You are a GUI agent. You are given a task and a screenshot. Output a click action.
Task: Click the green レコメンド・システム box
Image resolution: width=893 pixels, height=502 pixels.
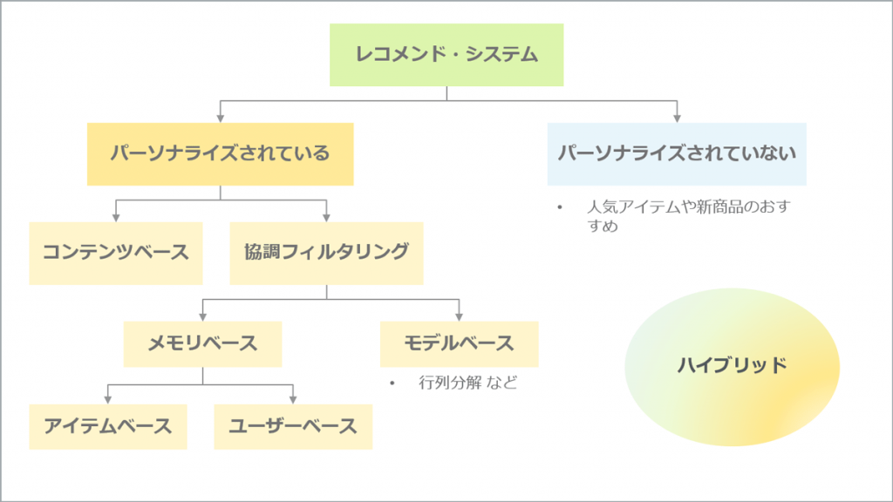click(446, 55)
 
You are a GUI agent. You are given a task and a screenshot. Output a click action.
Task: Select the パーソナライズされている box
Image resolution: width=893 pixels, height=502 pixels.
click(221, 153)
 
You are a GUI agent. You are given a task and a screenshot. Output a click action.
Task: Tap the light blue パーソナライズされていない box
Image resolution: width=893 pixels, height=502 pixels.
click(677, 153)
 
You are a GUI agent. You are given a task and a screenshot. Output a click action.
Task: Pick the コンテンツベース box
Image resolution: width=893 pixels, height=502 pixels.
click(116, 254)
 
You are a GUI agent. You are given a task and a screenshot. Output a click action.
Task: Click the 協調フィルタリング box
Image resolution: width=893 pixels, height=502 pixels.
click(326, 254)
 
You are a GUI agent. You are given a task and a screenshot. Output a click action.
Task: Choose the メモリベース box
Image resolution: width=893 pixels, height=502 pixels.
click(202, 343)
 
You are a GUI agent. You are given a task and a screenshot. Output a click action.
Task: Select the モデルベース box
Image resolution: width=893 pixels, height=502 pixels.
click(459, 343)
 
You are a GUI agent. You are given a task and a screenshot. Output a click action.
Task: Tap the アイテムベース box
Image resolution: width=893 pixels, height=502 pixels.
click(108, 427)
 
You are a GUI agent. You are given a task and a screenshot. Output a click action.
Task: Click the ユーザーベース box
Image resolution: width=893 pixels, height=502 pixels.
click(293, 427)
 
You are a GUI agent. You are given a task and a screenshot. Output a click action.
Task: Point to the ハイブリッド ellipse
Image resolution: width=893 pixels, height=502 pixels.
click(732, 367)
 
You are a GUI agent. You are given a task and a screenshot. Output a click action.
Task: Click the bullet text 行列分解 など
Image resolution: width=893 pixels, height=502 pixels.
click(468, 383)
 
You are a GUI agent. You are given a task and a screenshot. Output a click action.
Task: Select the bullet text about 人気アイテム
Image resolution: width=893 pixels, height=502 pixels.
click(689, 216)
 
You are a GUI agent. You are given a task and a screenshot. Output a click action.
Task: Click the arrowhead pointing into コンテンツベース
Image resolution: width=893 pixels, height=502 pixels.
click(116, 218)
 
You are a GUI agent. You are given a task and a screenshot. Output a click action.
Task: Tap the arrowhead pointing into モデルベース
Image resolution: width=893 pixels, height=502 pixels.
click(459, 317)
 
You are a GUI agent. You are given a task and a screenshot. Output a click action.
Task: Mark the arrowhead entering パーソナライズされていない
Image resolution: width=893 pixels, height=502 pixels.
click(677, 119)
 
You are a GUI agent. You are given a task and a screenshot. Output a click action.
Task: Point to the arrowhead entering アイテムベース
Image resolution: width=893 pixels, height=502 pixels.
click(107, 400)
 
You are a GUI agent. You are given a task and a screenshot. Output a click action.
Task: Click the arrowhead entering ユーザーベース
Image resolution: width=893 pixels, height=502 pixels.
click(293, 400)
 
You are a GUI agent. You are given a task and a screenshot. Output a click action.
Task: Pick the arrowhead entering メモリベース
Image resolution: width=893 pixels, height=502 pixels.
click(202, 317)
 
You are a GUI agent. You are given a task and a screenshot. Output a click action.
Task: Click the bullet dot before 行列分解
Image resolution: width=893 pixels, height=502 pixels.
click(392, 383)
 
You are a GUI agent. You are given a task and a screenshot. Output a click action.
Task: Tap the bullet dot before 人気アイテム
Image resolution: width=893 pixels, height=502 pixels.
click(560, 207)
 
